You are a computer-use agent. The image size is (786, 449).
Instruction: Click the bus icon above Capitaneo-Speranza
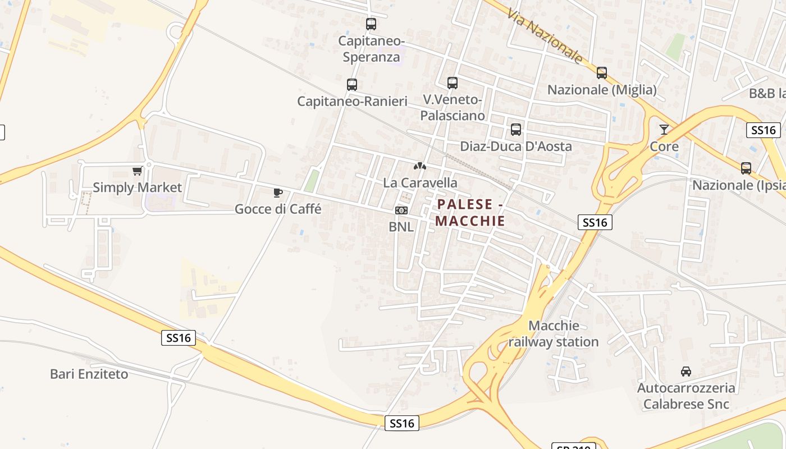click(371, 24)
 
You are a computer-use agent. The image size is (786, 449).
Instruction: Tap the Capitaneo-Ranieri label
click(352, 102)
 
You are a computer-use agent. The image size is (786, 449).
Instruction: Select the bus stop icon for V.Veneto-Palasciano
click(453, 83)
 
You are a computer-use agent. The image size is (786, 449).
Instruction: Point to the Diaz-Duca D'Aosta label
click(516, 146)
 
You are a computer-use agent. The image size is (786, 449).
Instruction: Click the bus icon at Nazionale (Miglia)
click(602, 73)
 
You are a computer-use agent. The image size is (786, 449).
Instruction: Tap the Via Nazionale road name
click(545, 36)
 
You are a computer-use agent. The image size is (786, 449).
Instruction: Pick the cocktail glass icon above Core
click(664, 130)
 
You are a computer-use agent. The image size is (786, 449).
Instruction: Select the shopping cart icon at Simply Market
click(137, 171)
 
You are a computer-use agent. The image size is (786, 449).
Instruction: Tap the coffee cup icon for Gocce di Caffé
click(277, 193)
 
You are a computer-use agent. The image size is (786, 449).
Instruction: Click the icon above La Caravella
click(419, 166)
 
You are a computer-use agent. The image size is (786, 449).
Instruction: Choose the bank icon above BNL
click(401, 210)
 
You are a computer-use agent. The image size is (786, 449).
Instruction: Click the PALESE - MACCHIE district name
click(470, 213)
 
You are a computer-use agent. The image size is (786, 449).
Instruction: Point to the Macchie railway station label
click(554, 333)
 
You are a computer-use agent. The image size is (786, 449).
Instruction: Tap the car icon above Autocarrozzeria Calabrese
click(686, 372)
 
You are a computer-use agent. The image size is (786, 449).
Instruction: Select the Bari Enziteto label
click(89, 374)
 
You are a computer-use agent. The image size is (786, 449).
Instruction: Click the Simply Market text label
click(138, 187)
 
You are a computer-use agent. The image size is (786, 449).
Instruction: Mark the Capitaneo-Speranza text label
click(371, 49)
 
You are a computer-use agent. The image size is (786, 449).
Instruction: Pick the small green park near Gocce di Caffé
click(311, 181)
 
